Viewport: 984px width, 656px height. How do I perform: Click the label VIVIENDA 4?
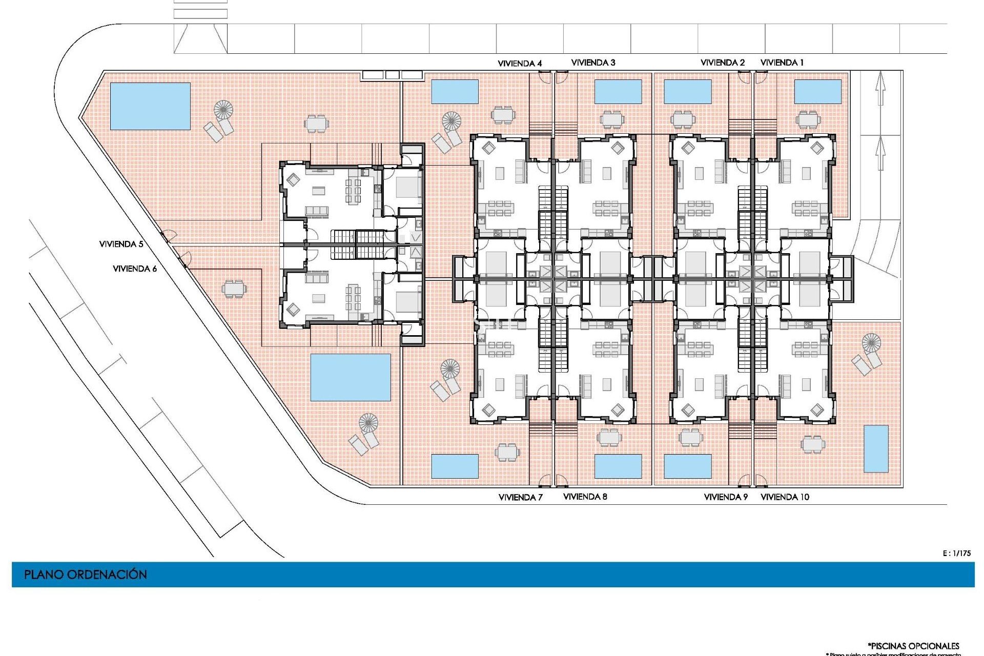[x=520, y=64]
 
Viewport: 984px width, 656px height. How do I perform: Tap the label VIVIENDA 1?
[x=782, y=63]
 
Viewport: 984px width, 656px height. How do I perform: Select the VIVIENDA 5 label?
[x=121, y=244]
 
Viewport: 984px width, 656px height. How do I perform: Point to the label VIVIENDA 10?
[x=785, y=497]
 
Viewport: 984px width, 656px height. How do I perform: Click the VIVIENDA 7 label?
[x=520, y=497]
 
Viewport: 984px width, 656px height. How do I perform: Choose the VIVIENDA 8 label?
[x=585, y=497]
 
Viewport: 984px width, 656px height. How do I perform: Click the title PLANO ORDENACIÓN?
[x=86, y=575]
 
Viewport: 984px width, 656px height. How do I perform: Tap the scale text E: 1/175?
[x=956, y=553]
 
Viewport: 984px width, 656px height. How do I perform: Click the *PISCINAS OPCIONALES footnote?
[x=913, y=646]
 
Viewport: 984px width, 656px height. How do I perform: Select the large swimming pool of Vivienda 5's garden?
[x=150, y=106]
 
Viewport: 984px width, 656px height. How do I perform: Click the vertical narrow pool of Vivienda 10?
[x=876, y=448]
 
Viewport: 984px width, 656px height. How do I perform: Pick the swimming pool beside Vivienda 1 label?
[x=817, y=92]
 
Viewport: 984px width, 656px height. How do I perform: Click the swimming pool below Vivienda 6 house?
[x=351, y=377]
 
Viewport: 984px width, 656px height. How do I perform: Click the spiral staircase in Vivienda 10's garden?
[x=871, y=342]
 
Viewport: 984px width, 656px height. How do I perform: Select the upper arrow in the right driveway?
[x=880, y=88]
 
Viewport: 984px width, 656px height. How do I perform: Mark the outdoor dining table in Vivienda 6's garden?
[x=234, y=289]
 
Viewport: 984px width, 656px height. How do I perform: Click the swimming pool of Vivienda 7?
[x=455, y=466]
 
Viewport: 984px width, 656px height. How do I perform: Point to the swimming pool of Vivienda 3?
[x=618, y=92]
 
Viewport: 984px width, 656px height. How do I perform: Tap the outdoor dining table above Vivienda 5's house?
[x=316, y=123]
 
